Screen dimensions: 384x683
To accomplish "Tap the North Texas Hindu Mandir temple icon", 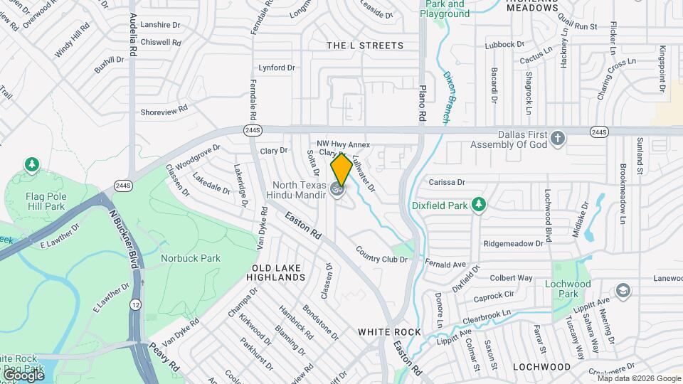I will click(337, 189).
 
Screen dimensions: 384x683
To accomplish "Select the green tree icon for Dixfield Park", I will click(480, 205).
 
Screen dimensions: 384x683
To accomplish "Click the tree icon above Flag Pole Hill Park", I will click(31, 166).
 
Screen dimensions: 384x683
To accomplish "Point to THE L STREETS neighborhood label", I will click(364, 46).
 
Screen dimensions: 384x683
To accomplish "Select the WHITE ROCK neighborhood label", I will click(389, 332).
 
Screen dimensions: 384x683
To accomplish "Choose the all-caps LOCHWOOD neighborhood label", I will click(541, 366).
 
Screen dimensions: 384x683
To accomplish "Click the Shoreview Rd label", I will click(164, 111).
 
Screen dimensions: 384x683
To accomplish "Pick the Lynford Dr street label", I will click(277, 68).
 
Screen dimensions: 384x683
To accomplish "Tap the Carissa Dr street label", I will click(447, 182).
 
